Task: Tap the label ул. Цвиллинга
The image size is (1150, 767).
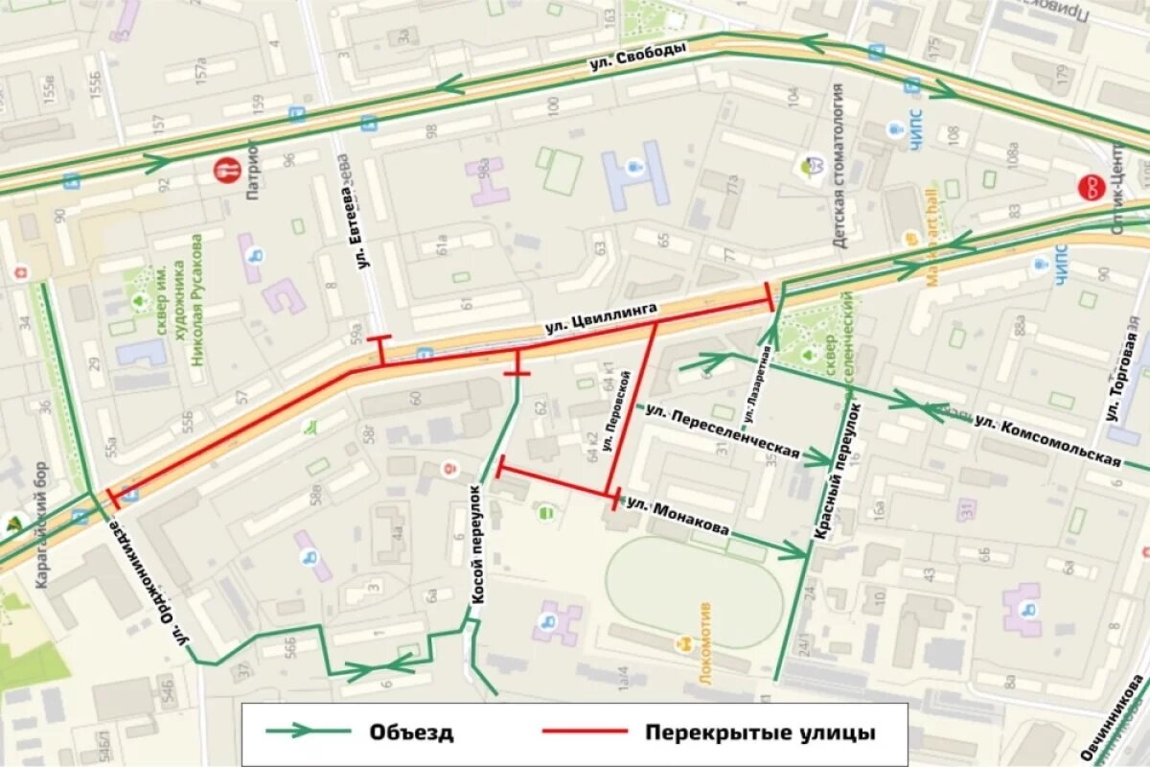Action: [602, 318]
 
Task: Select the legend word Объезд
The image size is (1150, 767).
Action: [411, 733]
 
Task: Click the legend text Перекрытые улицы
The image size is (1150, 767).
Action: [760, 733]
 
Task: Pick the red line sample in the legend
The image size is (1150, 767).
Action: [585, 732]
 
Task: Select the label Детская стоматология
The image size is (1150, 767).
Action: [839, 166]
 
